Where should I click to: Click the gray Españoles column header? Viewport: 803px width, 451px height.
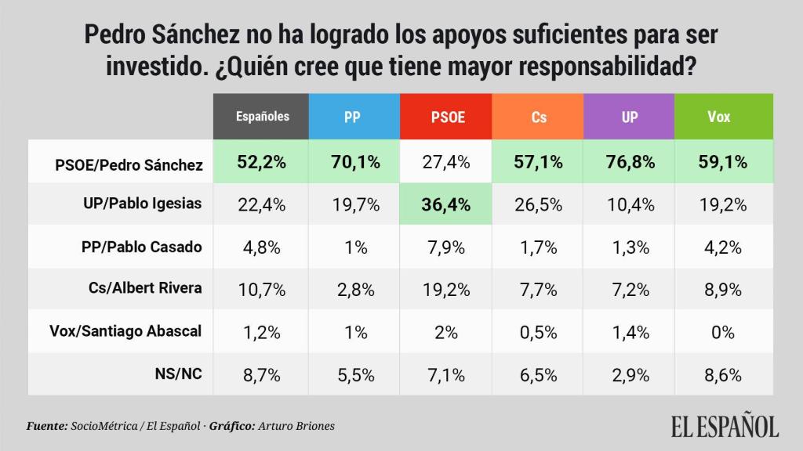pyautogui.click(x=263, y=117)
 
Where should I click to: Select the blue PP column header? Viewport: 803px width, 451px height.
pyautogui.click(x=354, y=117)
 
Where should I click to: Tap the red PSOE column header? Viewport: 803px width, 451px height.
pyautogui.click(x=447, y=117)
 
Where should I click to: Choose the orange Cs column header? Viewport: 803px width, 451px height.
pyautogui.click(x=539, y=117)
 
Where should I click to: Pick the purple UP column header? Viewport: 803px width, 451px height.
pyautogui.click(x=630, y=117)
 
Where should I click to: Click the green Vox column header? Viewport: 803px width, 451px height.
pyautogui.click(x=719, y=117)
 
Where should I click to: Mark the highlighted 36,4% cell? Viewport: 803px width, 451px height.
pyautogui.click(x=447, y=204)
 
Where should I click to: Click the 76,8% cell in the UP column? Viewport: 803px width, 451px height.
pyautogui.click(x=630, y=163)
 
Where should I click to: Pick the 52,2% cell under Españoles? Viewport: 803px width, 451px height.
pyautogui.click(x=263, y=163)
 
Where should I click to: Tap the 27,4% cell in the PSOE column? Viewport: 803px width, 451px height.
pyautogui.click(x=447, y=163)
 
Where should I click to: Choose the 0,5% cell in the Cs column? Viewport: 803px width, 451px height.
pyautogui.click(x=539, y=332)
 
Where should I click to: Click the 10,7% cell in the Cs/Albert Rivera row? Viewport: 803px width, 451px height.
pyautogui.click(x=263, y=290)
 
